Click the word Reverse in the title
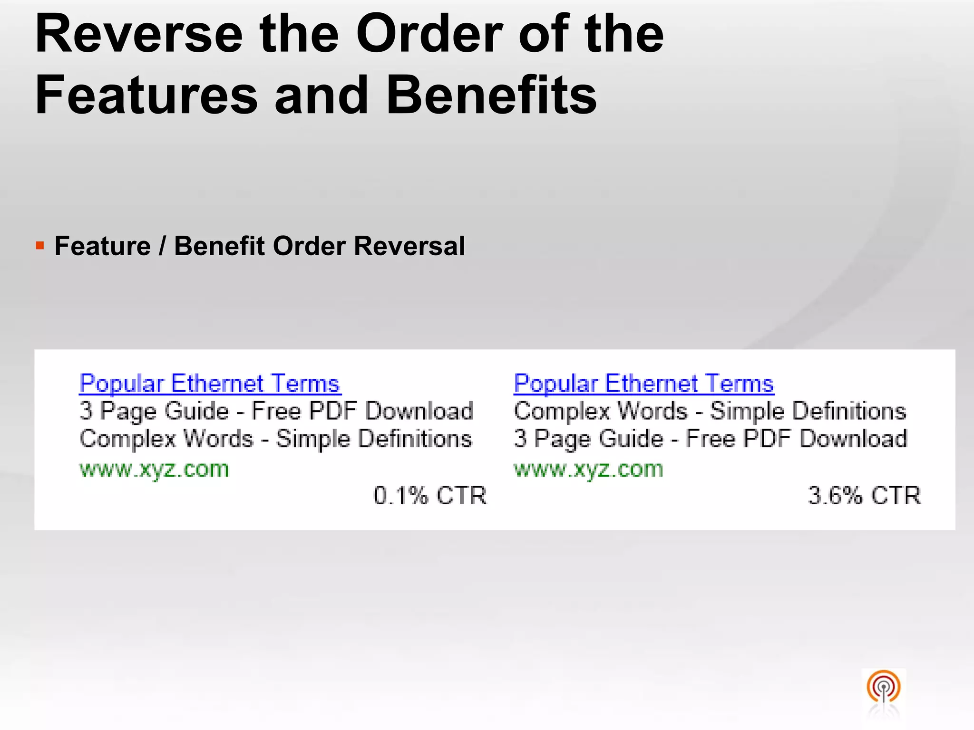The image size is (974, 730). [x=139, y=34]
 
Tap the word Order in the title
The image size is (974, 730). [x=429, y=34]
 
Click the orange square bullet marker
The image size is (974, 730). [x=40, y=246]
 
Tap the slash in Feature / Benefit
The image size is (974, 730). [x=163, y=246]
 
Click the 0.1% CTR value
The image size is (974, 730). [x=430, y=495]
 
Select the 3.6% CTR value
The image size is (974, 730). [x=864, y=495]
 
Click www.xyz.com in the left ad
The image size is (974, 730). [x=154, y=469]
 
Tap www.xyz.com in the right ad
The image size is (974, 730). [x=588, y=469]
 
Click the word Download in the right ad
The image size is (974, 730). [x=853, y=438]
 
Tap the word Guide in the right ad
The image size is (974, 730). [x=631, y=438]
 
